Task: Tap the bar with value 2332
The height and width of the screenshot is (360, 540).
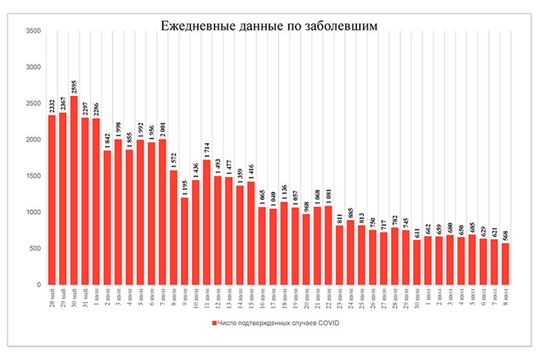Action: [52, 199]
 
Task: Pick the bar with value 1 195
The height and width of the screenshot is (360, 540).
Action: [184, 241]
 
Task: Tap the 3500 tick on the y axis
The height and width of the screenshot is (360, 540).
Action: [34, 31]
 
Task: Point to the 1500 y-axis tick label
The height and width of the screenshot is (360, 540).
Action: [34, 176]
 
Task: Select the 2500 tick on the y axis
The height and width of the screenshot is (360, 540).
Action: [34, 103]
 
